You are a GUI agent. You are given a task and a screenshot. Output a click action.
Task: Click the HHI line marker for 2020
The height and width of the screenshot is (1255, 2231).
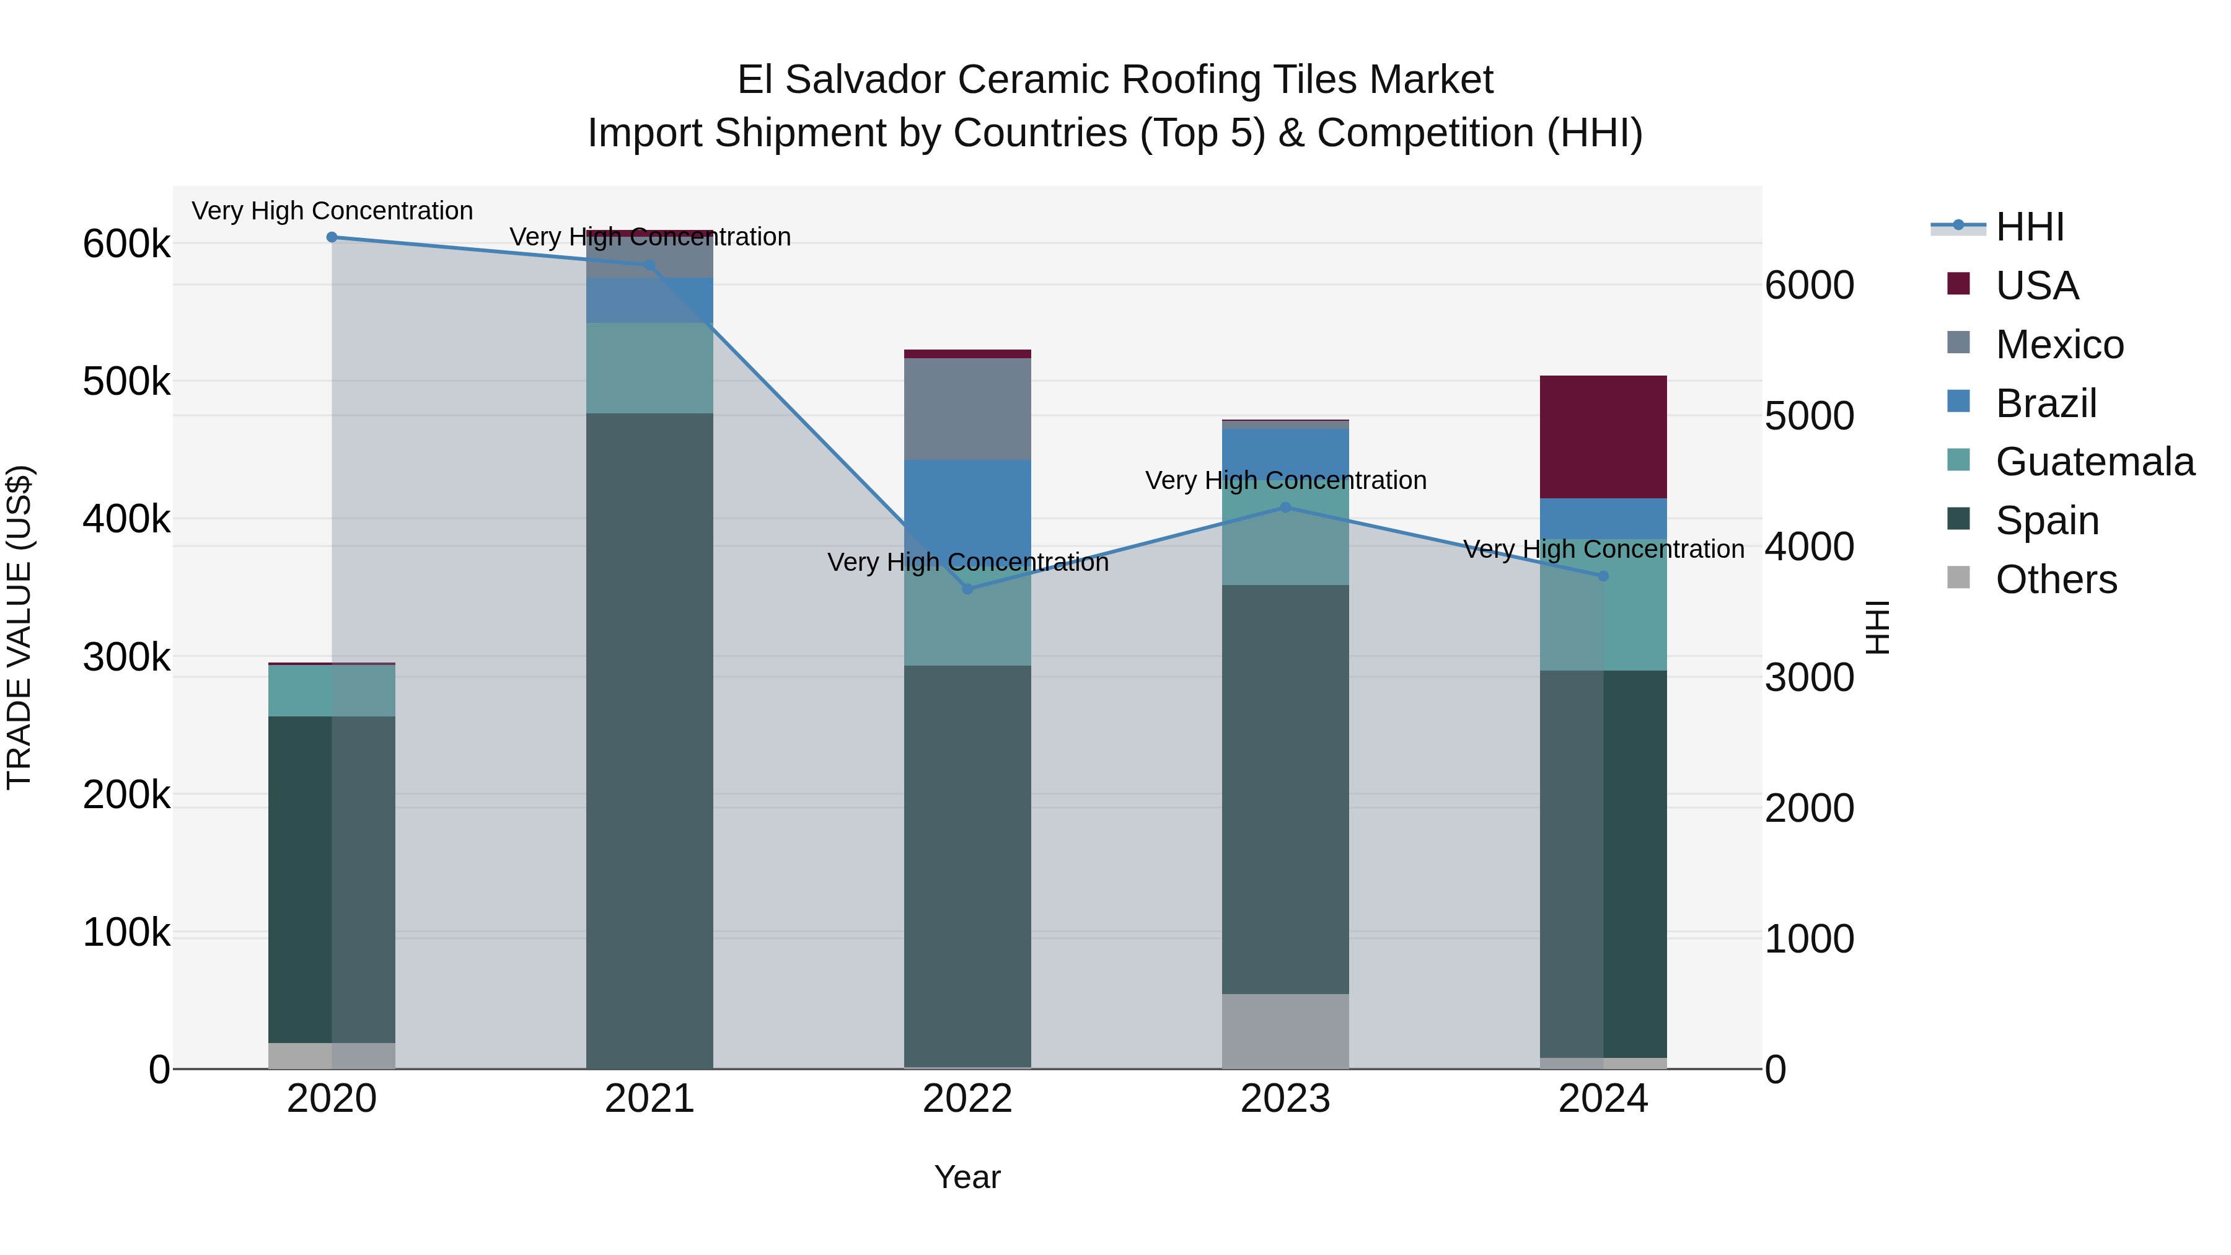tap(332, 237)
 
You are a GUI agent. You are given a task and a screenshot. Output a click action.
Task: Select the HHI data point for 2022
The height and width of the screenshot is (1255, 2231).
tap(968, 589)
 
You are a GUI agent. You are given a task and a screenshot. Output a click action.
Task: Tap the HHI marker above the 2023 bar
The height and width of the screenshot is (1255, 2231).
tap(1285, 508)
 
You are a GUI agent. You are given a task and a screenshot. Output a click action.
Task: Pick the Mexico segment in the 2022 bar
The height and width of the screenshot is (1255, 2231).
tap(967, 409)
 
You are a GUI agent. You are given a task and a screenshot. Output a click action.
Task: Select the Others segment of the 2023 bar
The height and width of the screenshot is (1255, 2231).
tap(1285, 1031)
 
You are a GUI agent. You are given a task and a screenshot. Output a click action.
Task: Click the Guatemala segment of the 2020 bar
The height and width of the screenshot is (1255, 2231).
tap(332, 690)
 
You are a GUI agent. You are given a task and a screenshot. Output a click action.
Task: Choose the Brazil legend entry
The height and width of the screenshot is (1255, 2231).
tap(2046, 403)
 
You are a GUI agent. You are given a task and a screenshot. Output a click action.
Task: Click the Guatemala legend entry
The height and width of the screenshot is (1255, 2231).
tap(2094, 462)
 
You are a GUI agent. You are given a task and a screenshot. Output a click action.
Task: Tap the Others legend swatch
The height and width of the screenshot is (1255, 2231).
tap(1958, 578)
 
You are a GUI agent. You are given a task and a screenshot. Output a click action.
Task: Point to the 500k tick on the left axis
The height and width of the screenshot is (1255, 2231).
tap(126, 382)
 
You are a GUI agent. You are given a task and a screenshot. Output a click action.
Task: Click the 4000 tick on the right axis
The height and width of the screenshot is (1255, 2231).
tap(1809, 547)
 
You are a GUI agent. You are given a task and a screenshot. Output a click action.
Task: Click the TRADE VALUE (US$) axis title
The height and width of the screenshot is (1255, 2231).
tap(19, 627)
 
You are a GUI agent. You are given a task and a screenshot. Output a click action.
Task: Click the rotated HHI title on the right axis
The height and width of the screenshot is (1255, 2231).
tap(1877, 627)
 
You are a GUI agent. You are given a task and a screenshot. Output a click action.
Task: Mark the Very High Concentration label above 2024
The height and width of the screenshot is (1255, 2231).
tap(1603, 550)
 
